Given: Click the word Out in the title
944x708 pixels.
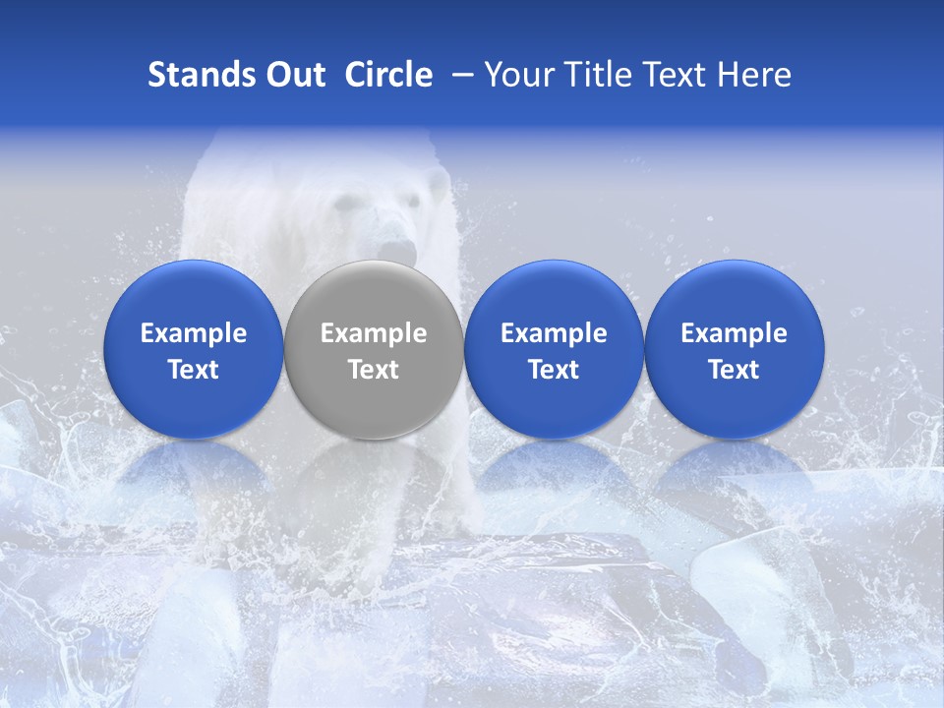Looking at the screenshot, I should (x=293, y=75).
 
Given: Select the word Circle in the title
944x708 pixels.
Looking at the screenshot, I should (x=388, y=75).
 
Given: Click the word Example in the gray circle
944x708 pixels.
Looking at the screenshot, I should (x=374, y=333).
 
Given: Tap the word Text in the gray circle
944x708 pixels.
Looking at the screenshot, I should (x=374, y=370).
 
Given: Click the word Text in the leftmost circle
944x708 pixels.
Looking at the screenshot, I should (x=194, y=370).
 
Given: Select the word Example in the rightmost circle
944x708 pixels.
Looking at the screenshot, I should (x=735, y=333).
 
